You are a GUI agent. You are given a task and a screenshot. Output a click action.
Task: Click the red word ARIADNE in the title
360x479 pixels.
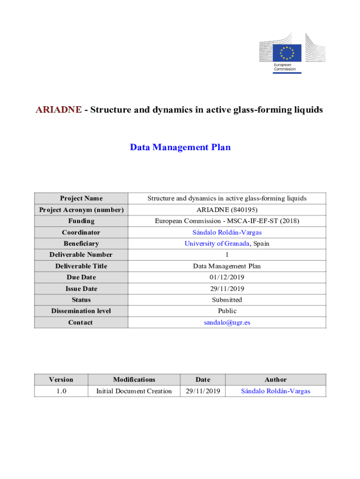tap(59, 110)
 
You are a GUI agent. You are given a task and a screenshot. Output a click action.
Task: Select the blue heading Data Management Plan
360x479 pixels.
tap(180, 147)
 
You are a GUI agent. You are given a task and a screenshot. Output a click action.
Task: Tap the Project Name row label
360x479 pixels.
tap(81, 198)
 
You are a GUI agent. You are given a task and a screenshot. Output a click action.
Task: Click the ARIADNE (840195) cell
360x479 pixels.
tap(227, 210)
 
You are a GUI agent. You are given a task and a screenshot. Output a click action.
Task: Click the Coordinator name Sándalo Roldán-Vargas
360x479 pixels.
tap(227, 232)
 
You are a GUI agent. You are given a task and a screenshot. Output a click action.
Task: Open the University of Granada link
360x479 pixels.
tap(217, 244)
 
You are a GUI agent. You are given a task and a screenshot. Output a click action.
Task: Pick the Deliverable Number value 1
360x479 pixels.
tap(227, 255)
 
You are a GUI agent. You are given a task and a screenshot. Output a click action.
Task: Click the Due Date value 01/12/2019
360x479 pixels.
tap(227, 277)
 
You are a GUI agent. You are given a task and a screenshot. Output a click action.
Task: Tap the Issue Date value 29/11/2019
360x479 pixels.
tap(227, 289)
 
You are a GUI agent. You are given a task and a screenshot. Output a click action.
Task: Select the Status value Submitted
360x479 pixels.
tap(227, 300)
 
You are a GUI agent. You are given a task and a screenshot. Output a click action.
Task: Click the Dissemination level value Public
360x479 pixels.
tap(227, 311)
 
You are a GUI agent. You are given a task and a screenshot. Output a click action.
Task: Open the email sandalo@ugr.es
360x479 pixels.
tap(227, 322)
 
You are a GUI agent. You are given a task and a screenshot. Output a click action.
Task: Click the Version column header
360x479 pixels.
tap(61, 380)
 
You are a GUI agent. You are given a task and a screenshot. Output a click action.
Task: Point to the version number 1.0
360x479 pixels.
tap(61, 391)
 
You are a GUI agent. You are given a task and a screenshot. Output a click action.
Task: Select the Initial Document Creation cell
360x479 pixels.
tap(134, 391)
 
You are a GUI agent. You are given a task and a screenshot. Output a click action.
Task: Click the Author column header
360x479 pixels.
tap(275, 380)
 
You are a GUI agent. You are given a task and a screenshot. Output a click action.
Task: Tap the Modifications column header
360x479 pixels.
tap(134, 380)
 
